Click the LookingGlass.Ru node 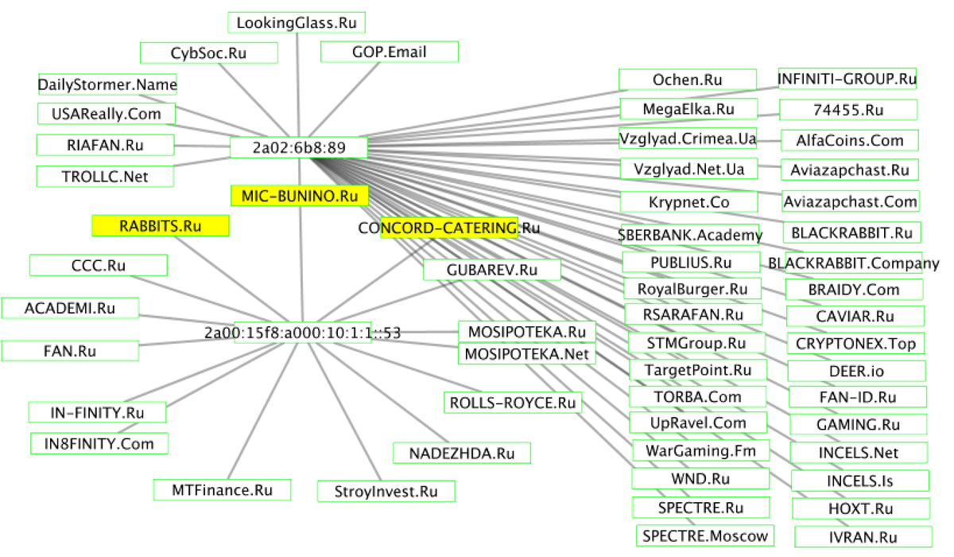pos(296,23)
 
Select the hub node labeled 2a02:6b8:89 pos(298,148)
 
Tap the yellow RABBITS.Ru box pos(161,226)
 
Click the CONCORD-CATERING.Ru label pos(449,228)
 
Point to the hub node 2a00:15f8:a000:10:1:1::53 pos(301,333)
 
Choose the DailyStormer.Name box pos(107,84)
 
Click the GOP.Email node pos(390,53)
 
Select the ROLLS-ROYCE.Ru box pos(512,403)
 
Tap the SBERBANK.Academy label pos(690,235)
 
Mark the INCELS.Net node pos(858,453)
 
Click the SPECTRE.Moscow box pos(706,536)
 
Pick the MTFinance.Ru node pos(222,490)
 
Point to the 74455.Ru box pos(848,110)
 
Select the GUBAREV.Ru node pos(492,270)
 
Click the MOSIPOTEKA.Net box pos(526,353)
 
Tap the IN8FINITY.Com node pos(99,443)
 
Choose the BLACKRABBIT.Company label pos(853,263)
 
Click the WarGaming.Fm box pos(701,452)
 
